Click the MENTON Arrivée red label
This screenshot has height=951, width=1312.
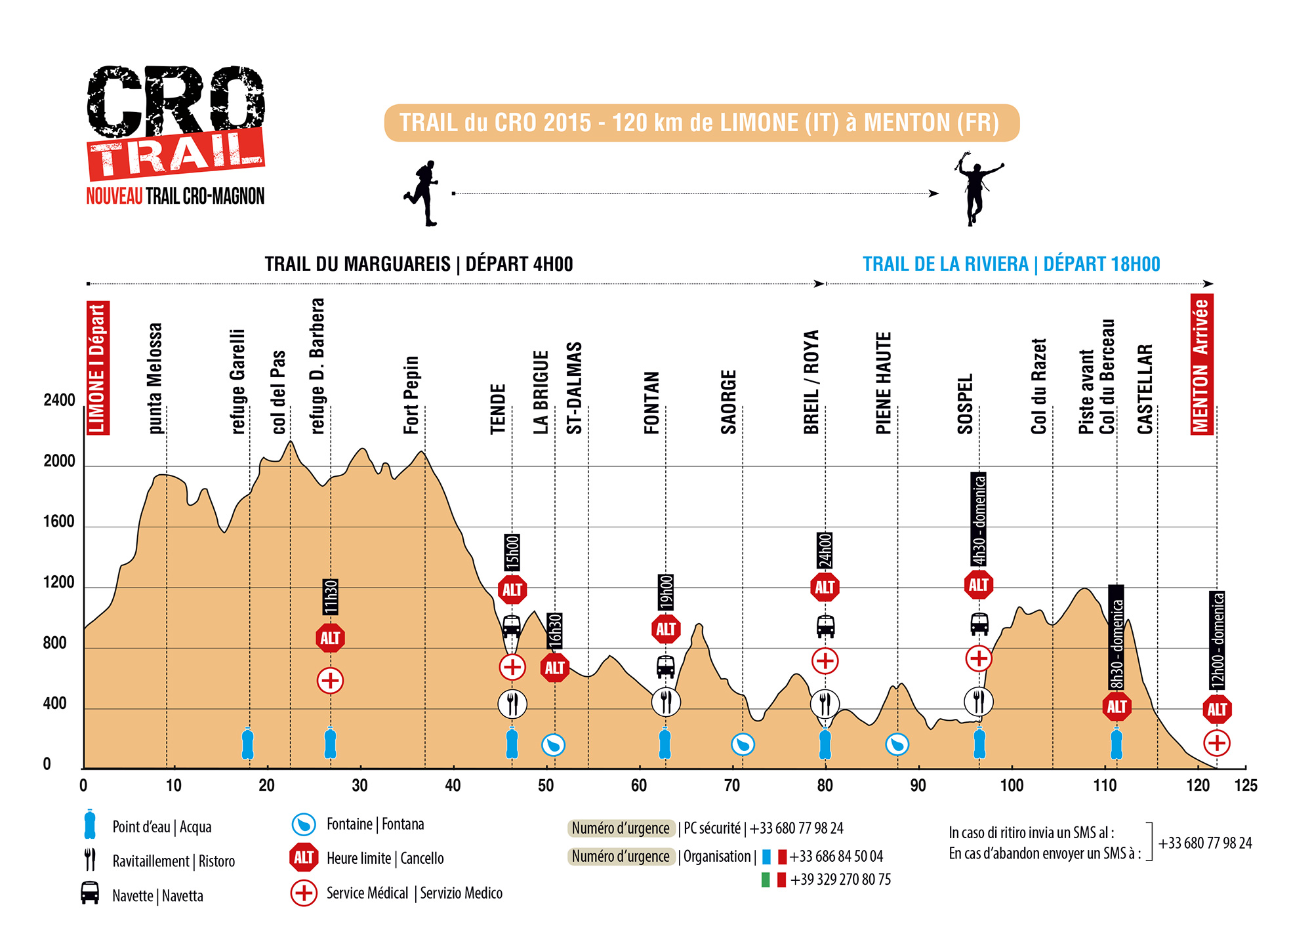[x=1202, y=364]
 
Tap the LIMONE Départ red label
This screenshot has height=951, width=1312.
[x=98, y=368]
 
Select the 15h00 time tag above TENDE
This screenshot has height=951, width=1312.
[x=512, y=552]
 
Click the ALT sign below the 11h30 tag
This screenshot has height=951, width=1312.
[x=330, y=638]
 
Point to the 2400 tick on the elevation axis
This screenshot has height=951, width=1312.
[x=59, y=400]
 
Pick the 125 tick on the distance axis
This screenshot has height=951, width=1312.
[x=1246, y=785]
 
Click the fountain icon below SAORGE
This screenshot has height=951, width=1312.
[x=743, y=744]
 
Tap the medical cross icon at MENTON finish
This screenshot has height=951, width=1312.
[x=1217, y=743]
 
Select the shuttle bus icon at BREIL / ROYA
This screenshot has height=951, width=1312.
[x=825, y=626]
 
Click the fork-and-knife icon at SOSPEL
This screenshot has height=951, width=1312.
[x=979, y=701]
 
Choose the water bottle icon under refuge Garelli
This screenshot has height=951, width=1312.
[x=247, y=744]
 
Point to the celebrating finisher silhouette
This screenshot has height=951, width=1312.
[x=977, y=189]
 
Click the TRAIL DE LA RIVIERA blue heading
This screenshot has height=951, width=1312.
[x=1011, y=264]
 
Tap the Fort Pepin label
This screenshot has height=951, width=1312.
[x=411, y=395]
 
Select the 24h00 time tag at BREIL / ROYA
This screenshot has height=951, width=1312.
[x=825, y=550]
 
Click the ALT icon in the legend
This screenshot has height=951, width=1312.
[x=304, y=857]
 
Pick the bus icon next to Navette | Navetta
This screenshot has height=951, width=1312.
[x=90, y=893]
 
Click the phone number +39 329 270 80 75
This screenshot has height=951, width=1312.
[x=840, y=880]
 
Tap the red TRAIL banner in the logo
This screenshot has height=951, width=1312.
[x=176, y=153]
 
